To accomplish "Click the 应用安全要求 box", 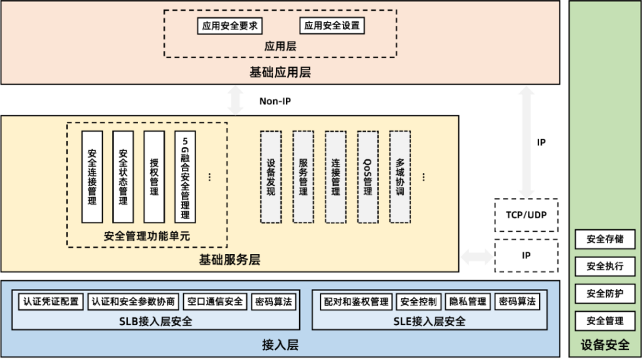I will coord(229,26).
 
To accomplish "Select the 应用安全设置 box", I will coord(332,26).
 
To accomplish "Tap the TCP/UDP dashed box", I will coord(525,215).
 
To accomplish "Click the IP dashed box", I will coord(525,256).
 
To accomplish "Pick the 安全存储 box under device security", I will coord(605,239).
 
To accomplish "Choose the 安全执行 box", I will coord(605,267).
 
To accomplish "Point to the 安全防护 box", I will coord(605,294).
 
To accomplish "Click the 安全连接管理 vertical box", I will coord(92,177).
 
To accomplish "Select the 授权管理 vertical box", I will coord(154,177).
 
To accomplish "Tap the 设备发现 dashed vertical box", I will coord(271,177).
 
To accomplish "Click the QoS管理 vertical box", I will coord(367,177).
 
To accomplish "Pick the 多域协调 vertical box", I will coord(400,177).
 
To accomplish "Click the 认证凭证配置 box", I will coord(51,302).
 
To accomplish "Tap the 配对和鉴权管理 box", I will coord(355,302).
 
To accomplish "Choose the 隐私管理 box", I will coord(468,302).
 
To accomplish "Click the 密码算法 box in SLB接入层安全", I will coord(273,302).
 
